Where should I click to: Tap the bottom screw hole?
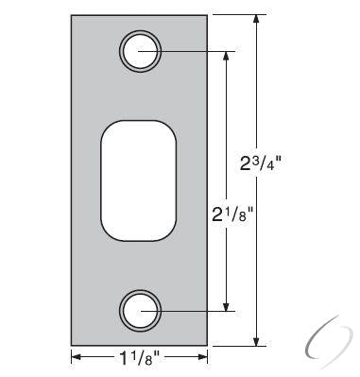139,309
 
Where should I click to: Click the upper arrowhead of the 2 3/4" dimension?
256,20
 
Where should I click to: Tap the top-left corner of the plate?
71,15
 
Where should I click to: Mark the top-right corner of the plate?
207,15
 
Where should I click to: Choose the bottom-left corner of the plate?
71,345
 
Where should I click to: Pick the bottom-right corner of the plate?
207,345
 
